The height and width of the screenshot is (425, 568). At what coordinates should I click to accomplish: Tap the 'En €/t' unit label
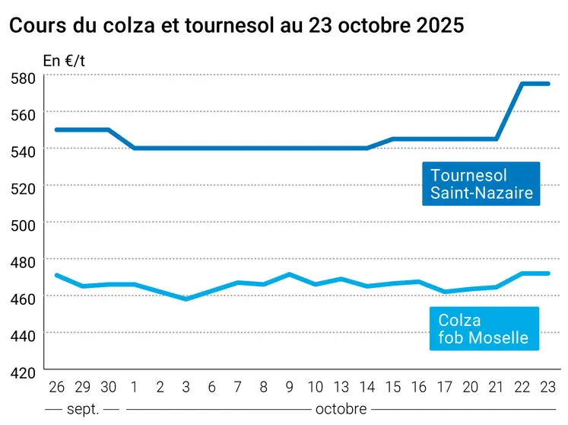coord(64,60)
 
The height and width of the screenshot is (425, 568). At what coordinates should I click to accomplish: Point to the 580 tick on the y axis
coord(26,77)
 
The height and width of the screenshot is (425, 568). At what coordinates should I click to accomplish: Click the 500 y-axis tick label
coord(26,223)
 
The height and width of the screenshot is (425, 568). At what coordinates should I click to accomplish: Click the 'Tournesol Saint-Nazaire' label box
coord(481,184)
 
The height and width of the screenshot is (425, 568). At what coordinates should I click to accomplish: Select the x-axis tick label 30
coord(108,387)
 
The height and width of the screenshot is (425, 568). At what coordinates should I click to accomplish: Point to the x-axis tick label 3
coord(186,387)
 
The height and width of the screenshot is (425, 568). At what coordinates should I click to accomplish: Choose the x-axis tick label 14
coord(367,387)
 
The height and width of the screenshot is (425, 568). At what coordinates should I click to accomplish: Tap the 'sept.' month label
coord(81,409)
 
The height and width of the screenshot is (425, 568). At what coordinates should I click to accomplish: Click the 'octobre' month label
coord(341,409)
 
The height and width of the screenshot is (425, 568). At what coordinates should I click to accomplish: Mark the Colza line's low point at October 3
coord(186,299)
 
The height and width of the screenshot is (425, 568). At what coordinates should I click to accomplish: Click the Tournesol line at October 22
coord(522,84)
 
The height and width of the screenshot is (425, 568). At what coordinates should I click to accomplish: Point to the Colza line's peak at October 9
coord(289,274)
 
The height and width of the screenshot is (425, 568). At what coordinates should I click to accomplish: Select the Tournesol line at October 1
coord(134,148)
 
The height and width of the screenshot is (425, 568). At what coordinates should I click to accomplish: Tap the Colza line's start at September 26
coord(56,275)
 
